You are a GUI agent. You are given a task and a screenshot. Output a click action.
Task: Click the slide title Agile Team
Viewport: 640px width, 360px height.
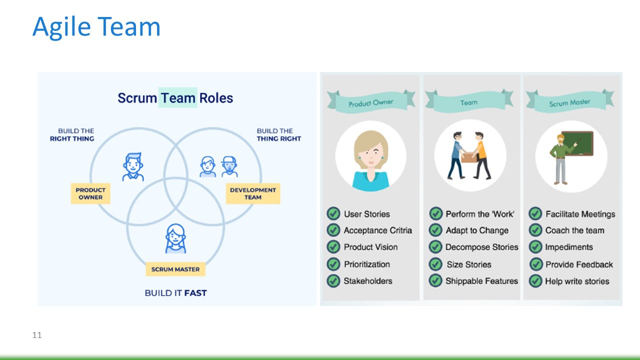point(96,27)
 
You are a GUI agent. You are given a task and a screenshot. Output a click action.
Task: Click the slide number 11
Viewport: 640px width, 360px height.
point(37,335)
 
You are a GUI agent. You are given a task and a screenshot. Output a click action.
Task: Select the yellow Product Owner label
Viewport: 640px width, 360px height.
point(90,193)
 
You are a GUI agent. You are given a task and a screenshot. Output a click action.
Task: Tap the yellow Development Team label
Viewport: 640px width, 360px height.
point(253,193)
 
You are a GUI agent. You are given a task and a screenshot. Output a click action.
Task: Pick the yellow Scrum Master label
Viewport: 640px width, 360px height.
point(175,269)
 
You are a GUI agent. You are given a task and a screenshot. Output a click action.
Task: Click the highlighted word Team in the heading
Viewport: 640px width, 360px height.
point(178,97)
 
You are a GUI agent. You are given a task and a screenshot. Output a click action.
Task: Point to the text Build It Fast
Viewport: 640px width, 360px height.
point(175,292)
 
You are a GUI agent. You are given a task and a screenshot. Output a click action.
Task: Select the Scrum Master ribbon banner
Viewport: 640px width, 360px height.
point(569,102)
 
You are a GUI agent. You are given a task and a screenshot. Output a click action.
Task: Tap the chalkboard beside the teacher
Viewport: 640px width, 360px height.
point(577,143)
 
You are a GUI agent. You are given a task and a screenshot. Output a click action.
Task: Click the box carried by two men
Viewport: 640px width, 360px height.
point(469,157)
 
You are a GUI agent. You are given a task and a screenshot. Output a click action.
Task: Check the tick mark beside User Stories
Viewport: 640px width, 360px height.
point(333,214)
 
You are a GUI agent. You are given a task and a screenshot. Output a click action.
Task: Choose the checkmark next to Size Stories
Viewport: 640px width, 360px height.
point(435,264)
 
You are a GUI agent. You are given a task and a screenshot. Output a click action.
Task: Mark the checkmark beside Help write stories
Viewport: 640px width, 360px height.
point(535,281)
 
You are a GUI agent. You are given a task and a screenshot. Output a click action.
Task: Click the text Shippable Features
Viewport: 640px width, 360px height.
point(481,281)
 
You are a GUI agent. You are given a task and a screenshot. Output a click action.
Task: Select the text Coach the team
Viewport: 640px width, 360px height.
point(574,230)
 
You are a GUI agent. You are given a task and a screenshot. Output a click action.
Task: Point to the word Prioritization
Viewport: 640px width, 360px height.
point(366,264)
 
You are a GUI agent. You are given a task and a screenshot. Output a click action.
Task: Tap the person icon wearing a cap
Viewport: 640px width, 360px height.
point(229,166)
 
